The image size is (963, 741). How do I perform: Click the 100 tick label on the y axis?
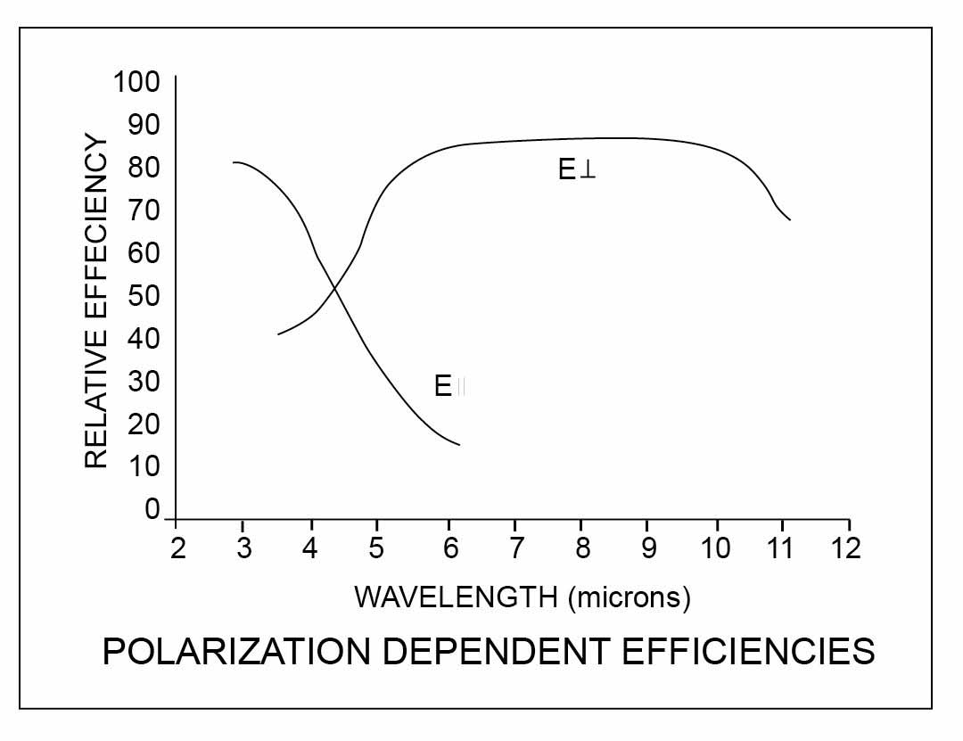coord(136,83)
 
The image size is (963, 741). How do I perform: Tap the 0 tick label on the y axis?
coord(152,509)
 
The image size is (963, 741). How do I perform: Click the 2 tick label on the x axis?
coord(177,547)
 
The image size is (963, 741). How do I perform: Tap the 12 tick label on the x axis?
coord(848,547)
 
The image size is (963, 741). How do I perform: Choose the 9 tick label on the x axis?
coord(647,547)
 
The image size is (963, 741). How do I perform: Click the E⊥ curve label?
coord(577,170)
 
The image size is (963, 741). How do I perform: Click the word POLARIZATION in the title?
coord(235,652)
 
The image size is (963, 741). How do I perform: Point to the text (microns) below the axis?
coord(629,597)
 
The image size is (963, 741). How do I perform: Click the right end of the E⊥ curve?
coord(790,219)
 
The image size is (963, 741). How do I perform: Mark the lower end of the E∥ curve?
coord(459,444)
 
